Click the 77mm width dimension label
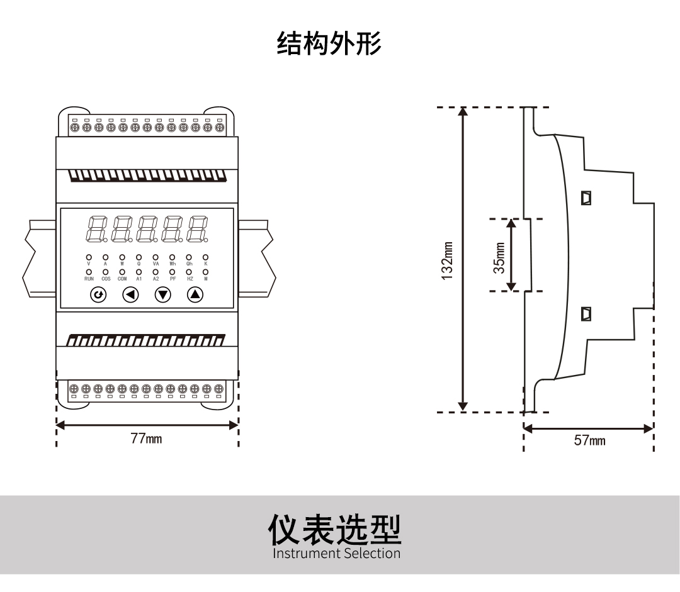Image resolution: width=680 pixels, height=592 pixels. coord(146,438)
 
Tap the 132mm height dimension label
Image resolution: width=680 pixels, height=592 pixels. coord(447,260)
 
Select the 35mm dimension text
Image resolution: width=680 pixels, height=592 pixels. coord(499,257)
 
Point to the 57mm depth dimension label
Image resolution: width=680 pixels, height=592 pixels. coord(589,440)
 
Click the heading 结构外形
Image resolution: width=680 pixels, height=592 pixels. coord(329,44)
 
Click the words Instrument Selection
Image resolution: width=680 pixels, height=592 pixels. coord(336,554)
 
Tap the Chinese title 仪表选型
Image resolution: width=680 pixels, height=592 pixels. coord(335,530)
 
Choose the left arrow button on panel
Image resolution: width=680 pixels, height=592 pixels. coord(130,294)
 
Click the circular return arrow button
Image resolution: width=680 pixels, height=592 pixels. coord(98,294)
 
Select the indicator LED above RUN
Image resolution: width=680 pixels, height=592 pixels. coord(89,272)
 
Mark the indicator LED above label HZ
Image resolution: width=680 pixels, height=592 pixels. coord(189,272)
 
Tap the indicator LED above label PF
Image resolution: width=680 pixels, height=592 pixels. coord(172,272)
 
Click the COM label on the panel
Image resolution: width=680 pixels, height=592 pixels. coord(122,279)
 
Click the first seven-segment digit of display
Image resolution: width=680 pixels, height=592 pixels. coord(96,229)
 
